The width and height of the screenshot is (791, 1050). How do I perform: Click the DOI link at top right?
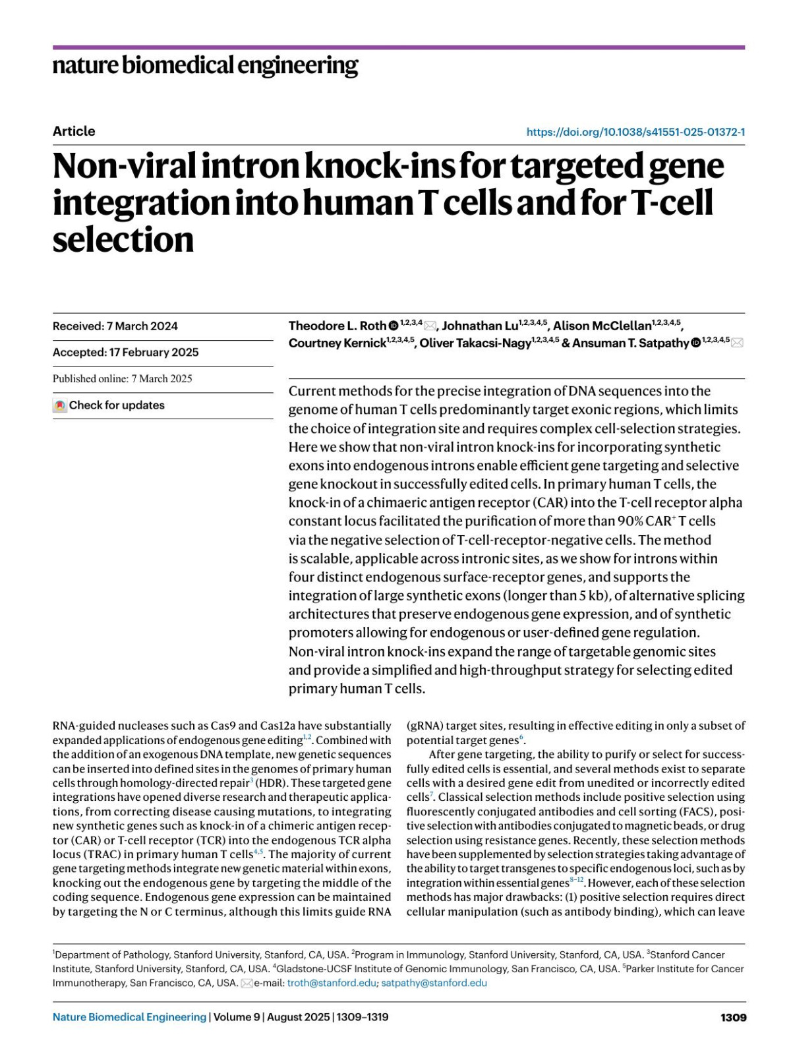tap(635, 132)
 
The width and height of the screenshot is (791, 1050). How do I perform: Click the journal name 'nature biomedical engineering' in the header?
tap(205, 65)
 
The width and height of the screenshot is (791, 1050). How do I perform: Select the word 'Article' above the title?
tap(74, 131)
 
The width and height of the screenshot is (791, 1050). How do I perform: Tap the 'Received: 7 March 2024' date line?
tap(115, 326)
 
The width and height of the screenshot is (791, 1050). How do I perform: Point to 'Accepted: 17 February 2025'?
tap(125, 352)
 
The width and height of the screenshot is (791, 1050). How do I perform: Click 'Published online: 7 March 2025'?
tap(123, 378)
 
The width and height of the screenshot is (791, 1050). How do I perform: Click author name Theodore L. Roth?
tap(337, 326)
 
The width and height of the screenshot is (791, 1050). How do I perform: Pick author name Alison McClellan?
tap(602, 326)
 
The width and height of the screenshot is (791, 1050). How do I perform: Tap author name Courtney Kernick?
tap(337, 343)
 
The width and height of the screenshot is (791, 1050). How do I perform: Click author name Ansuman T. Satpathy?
tap(630, 343)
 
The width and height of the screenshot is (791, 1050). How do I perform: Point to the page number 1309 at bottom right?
tap(733, 1017)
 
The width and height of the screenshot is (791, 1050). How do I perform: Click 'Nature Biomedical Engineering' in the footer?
tap(129, 1017)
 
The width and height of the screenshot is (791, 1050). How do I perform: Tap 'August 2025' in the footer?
tap(297, 1017)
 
